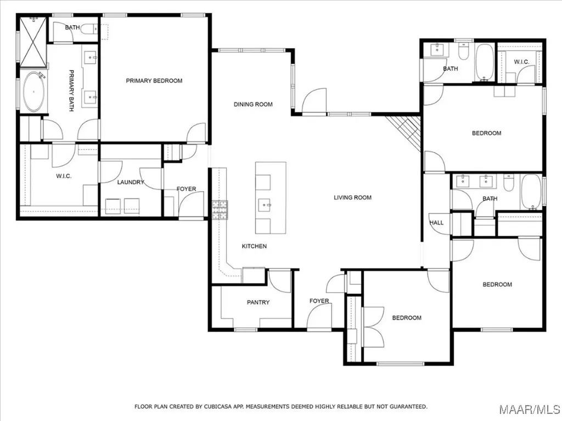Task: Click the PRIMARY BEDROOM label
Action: click(154, 81)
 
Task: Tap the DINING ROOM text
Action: click(253, 104)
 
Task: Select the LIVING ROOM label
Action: click(353, 197)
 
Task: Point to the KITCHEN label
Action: click(254, 246)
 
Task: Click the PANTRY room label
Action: click(257, 302)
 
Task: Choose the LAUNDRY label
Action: click(131, 182)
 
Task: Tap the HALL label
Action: click(436, 223)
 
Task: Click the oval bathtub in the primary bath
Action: click(33, 92)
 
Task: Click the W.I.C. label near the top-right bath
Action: click(521, 62)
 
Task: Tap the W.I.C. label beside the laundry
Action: click(64, 176)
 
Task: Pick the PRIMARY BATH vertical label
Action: click(71, 90)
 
